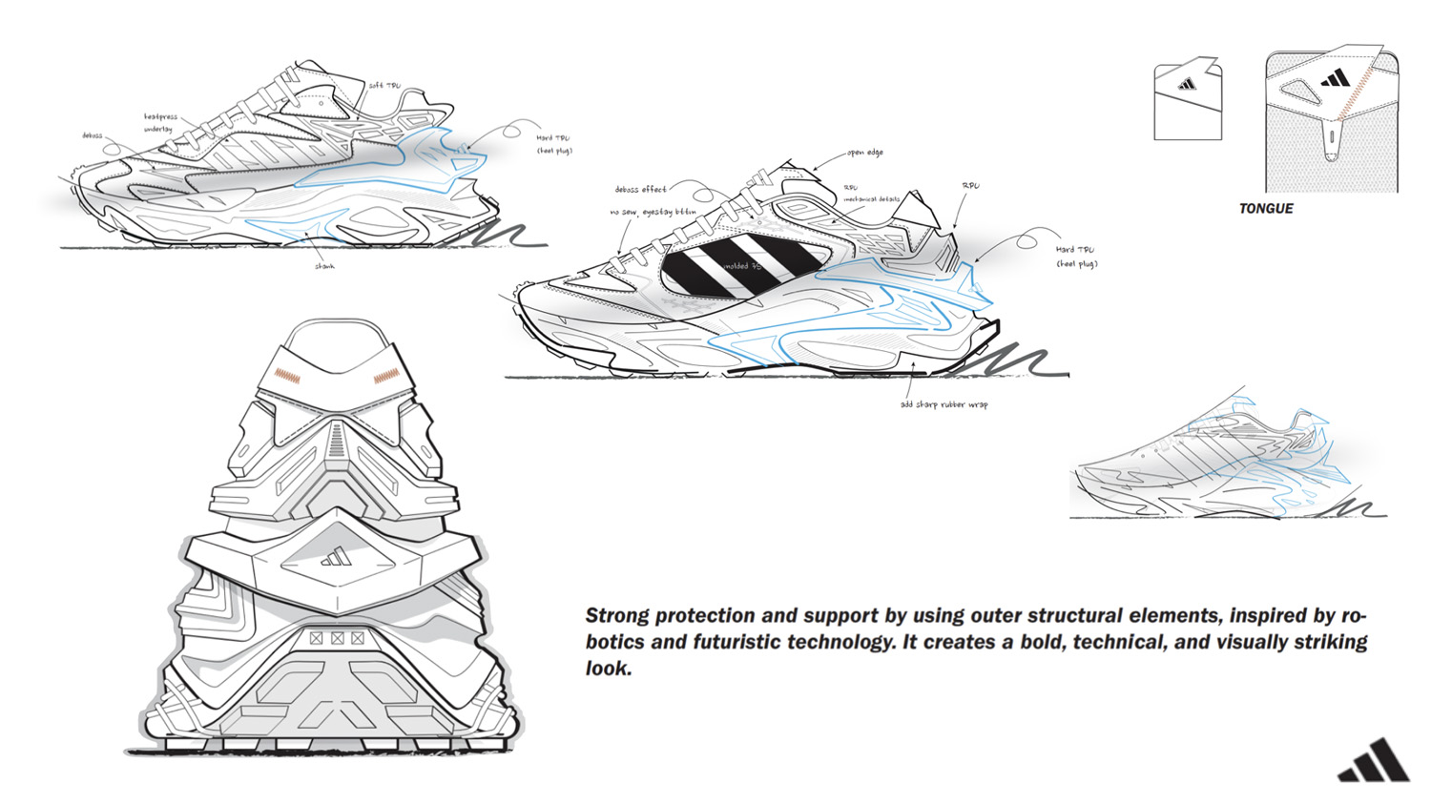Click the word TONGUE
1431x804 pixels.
pos(1265,209)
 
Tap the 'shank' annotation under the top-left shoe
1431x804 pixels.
pos(324,266)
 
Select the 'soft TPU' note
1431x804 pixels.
pos(384,86)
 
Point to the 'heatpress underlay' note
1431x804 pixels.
pos(160,123)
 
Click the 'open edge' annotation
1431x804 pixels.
pos(865,153)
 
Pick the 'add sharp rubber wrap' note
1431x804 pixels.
pos(944,404)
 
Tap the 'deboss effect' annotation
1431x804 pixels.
pos(640,190)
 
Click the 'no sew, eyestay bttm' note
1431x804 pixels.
pos(653,212)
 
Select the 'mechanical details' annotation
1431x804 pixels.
pos(871,199)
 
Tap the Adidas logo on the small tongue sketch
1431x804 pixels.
pos(1187,84)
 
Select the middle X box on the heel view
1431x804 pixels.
pos(337,637)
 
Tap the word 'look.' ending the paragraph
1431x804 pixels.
pos(609,669)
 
